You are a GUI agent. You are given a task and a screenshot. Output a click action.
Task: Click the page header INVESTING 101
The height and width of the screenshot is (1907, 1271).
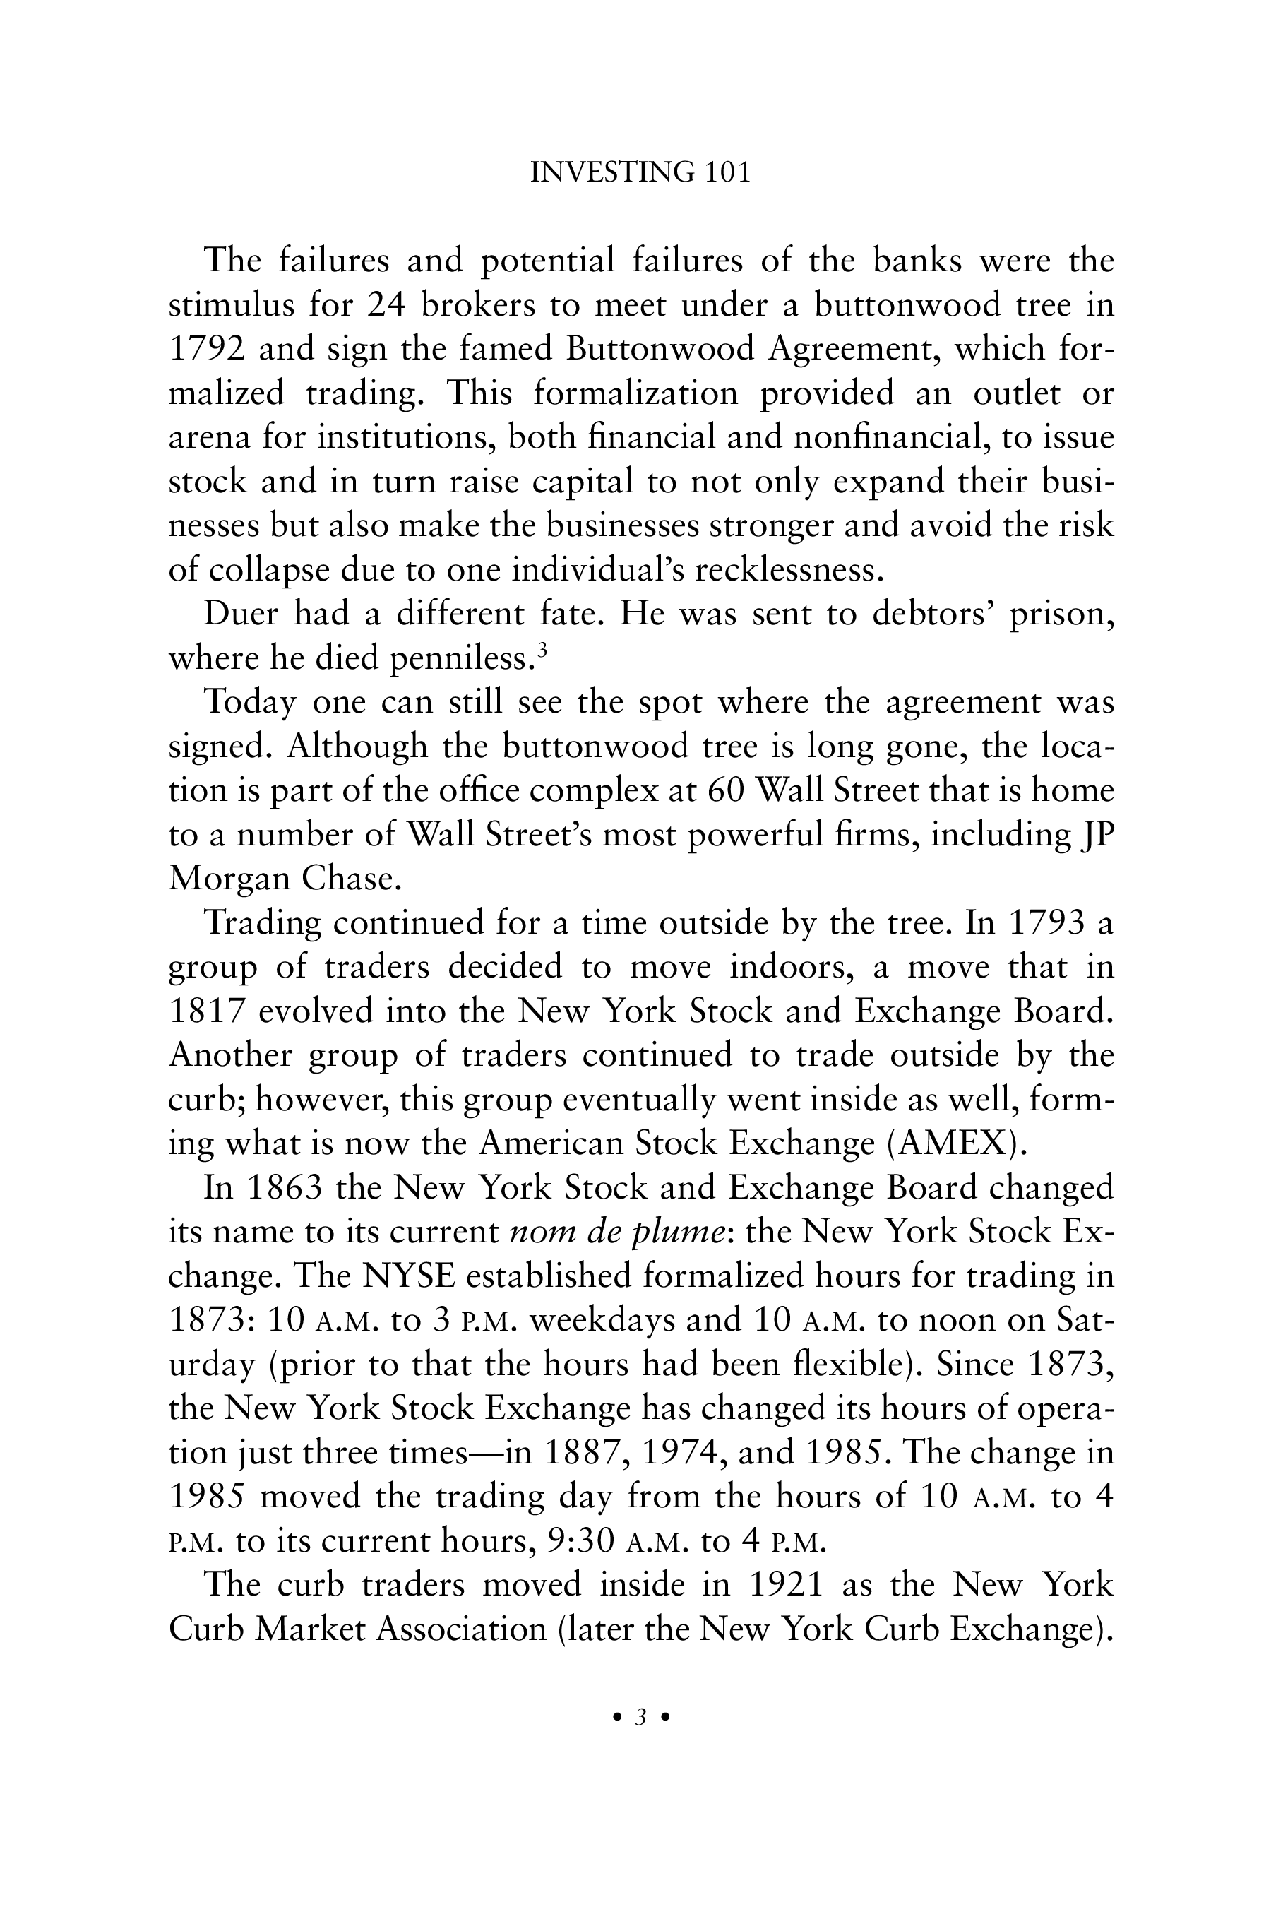coord(640,173)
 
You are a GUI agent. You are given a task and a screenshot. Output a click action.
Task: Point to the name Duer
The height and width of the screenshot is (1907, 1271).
coord(239,614)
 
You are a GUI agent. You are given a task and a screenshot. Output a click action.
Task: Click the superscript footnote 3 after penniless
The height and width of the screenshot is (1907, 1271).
coord(542,650)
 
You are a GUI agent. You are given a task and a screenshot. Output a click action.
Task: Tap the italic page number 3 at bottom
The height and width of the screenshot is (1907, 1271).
coord(640,1716)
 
